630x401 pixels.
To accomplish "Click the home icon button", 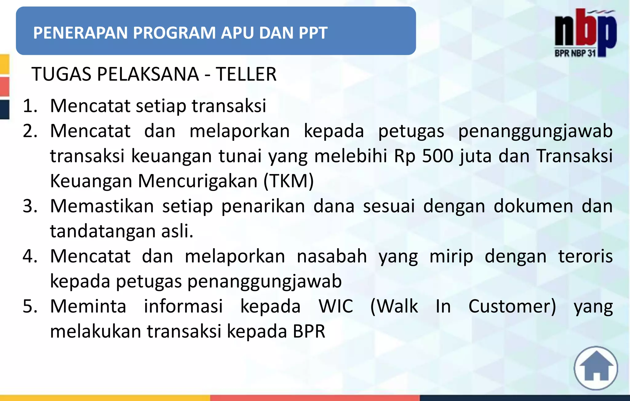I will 596,368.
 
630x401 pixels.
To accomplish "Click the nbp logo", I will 585,29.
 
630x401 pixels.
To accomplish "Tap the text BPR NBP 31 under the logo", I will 575,53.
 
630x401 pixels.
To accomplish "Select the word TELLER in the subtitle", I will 246,74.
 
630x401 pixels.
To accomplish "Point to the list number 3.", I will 30,206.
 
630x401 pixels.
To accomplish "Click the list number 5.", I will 30,306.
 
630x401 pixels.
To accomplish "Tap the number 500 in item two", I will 438,156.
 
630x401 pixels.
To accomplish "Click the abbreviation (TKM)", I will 289,181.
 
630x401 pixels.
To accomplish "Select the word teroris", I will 585,256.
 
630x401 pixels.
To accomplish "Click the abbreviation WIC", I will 336,306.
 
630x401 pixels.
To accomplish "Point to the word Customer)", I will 512,306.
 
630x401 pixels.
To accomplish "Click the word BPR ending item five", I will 309,332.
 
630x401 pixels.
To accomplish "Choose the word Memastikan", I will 102,206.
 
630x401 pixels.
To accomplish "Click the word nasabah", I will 332,256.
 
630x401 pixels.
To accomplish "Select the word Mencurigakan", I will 197,181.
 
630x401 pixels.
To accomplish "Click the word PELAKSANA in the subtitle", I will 148,74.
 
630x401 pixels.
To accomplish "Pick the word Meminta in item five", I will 88,306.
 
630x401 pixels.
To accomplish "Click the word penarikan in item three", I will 263,206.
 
